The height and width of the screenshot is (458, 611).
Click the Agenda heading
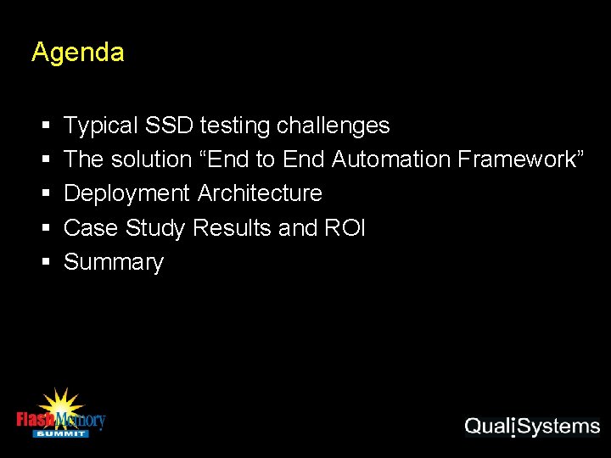[77, 53]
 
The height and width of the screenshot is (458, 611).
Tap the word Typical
[100, 126]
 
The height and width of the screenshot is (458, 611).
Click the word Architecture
[260, 193]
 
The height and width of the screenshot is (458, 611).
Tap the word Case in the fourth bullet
[92, 228]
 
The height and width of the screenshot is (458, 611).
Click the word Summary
[114, 262]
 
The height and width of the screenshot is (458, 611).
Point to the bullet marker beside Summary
[44, 263]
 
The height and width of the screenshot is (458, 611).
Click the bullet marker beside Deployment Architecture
[44, 194]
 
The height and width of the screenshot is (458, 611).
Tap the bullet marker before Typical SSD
[44, 126]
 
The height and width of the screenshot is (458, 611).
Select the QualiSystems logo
[532, 427]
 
